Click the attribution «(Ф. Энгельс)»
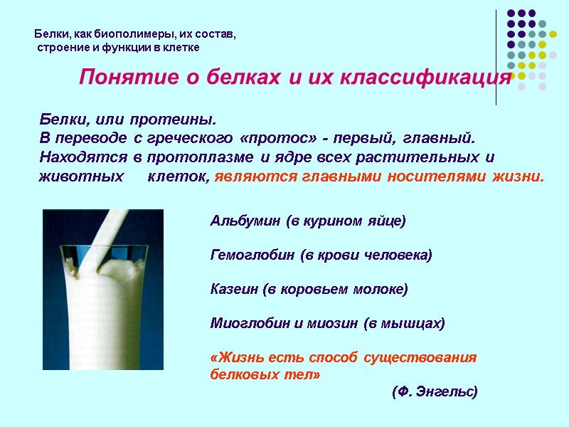[435, 392]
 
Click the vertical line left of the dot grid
[496, 57]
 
